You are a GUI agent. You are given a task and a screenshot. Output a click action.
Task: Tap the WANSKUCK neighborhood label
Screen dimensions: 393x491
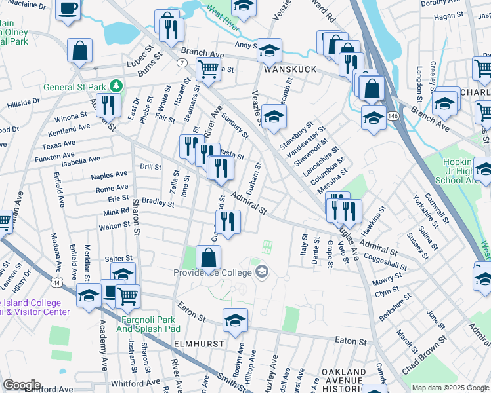pos(290,69)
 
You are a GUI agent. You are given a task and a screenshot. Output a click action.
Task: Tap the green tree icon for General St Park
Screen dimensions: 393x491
pos(116,86)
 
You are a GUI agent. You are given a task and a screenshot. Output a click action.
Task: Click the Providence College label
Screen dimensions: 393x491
pos(213,272)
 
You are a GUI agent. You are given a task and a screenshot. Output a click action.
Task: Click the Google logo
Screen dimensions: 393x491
pos(22,384)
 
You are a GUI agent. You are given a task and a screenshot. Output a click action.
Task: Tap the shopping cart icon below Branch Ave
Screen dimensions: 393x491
pos(208,67)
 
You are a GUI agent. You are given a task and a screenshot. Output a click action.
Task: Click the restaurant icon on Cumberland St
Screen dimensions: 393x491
pos(228,221)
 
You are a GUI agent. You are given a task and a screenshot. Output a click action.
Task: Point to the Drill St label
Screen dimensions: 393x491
pos(150,167)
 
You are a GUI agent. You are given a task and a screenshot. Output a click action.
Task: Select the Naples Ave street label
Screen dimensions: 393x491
pos(110,175)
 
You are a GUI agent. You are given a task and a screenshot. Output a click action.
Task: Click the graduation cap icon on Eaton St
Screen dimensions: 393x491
pos(234,320)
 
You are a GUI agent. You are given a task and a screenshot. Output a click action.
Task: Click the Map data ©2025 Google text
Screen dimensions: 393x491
pos(450,388)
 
